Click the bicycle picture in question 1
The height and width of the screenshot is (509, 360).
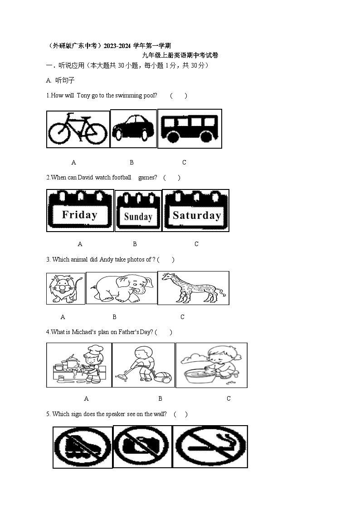[78, 129]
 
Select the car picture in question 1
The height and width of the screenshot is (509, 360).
[133, 128]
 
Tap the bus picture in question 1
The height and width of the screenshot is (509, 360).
[190, 129]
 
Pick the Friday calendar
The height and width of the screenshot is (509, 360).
[80, 210]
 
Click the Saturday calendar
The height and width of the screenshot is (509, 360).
[196, 210]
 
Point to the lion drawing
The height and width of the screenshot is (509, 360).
[66, 289]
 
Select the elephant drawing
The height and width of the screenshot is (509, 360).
[122, 288]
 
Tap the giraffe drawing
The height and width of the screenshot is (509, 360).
[194, 288]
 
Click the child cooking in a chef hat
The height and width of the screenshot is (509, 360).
[79, 365]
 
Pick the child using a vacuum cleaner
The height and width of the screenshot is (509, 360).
[143, 365]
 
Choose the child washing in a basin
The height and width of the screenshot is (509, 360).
[211, 365]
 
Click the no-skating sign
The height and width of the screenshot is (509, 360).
[83, 447]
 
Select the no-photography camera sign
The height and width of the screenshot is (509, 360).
[142, 446]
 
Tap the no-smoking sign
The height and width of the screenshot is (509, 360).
[210, 446]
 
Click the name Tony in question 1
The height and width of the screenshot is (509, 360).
[83, 96]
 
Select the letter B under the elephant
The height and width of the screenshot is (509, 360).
[114, 317]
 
